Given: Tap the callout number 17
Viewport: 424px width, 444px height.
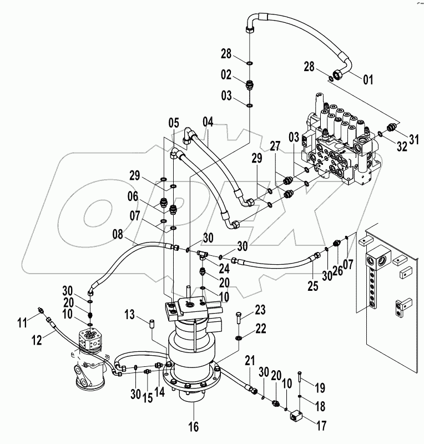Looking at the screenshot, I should coord(321,426).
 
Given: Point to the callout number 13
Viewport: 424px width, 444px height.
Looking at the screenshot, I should coord(129,316).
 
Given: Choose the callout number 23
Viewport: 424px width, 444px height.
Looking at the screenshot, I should coord(260,309).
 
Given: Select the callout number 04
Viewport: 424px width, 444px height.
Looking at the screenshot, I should coord(208,122).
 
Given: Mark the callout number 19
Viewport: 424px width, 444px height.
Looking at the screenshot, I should coord(321,387).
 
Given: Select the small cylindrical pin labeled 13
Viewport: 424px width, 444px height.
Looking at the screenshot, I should coord(150,323).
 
